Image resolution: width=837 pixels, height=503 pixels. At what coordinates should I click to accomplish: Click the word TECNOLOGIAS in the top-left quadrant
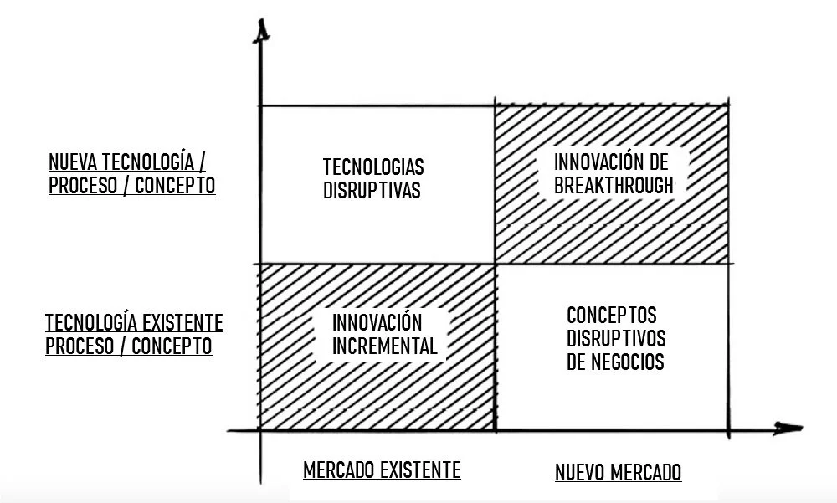tap(373, 166)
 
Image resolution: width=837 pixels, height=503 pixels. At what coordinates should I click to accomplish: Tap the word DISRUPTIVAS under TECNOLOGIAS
tap(371, 190)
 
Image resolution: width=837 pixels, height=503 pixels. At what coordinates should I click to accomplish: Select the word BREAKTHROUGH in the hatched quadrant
tap(614, 185)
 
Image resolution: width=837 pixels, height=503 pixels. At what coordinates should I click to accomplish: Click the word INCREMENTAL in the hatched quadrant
tap(384, 346)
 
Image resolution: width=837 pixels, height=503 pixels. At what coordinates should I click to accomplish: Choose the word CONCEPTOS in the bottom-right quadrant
tap(612, 316)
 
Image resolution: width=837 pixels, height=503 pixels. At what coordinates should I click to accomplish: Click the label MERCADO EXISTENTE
tap(382, 470)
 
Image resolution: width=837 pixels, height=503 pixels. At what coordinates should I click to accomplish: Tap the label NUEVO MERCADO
tap(619, 473)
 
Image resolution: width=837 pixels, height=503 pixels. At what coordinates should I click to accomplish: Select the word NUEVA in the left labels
tap(72, 162)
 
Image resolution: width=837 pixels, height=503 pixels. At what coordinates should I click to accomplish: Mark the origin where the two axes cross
tap(261, 430)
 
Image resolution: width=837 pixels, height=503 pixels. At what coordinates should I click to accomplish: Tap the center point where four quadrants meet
tap(496, 263)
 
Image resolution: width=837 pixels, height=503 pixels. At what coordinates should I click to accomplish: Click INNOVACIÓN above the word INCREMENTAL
tap(377, 322)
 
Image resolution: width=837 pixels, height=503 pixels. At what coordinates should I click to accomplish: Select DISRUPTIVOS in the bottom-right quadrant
tap(616, 339)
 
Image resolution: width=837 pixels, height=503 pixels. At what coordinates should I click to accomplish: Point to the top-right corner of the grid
tap(729, 105)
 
